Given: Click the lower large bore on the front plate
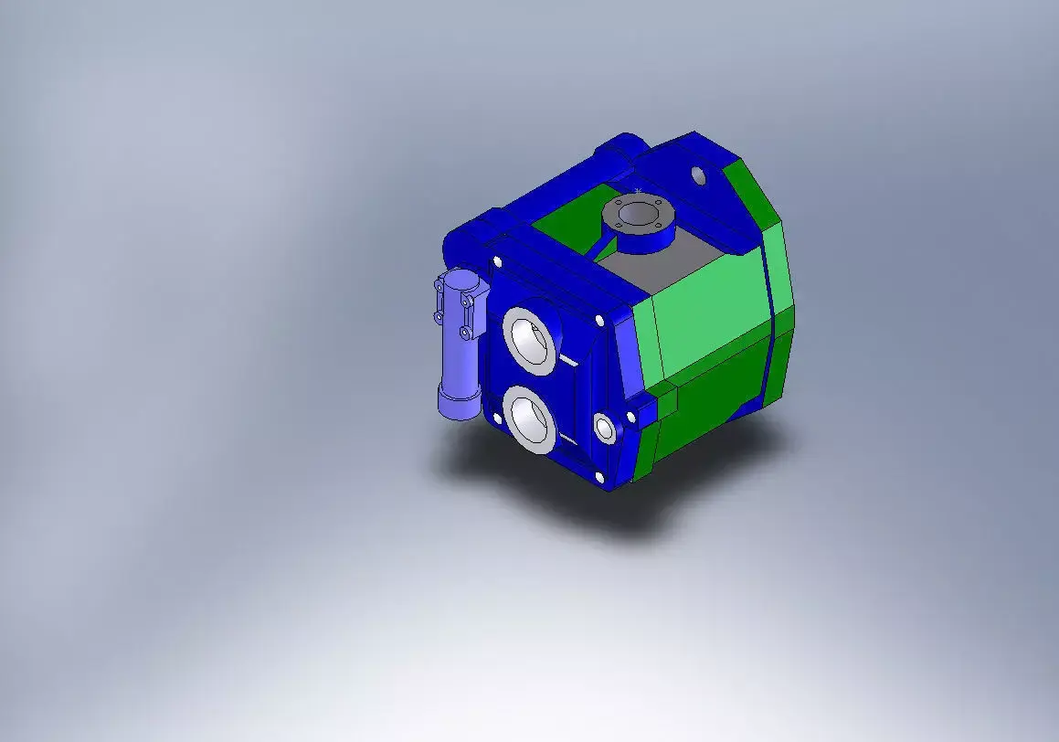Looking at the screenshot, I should [x=529, y=419].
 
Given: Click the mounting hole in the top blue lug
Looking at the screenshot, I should [x=699, y=174].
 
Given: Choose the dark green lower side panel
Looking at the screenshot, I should [x=722, y=393].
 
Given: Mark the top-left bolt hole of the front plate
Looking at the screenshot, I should [x=497, y=261].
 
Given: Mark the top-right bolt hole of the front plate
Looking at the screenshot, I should [x=598, y=321].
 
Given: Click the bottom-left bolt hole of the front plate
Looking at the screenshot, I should [x=497, y=418].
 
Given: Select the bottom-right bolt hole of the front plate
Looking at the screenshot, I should [x=599, y=477].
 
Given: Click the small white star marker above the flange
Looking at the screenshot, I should [x=637, y=190].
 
